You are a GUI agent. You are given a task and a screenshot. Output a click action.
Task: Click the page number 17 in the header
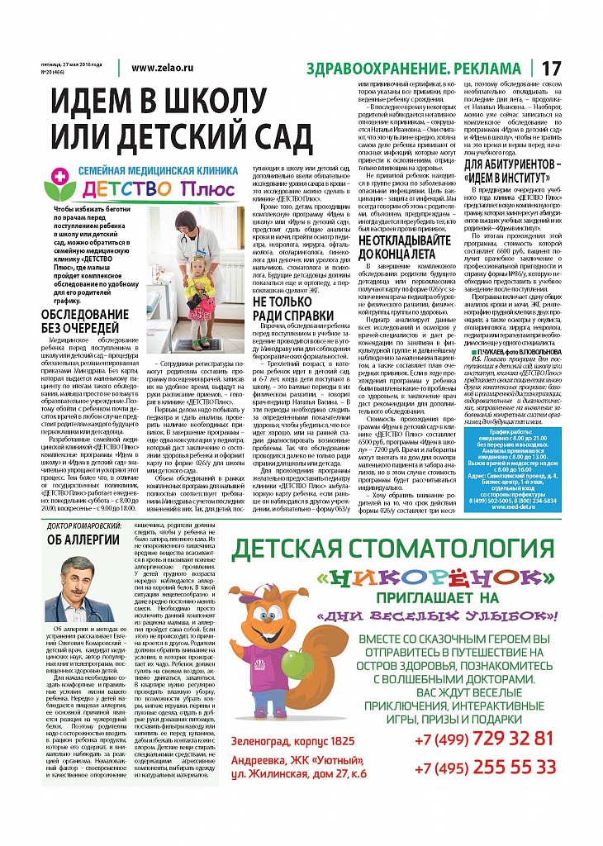(x=551, y=68)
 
